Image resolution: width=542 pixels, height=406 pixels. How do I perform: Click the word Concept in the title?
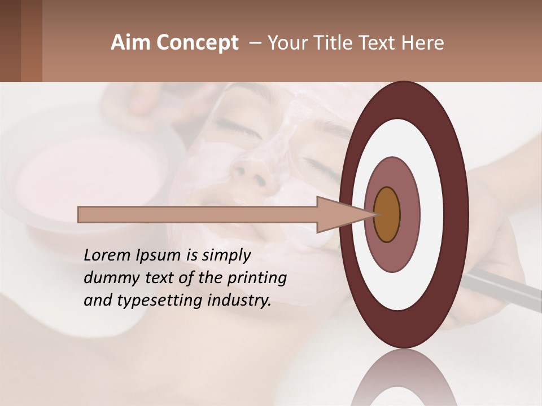point(198,43)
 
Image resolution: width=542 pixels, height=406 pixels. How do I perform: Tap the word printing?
point(257,278)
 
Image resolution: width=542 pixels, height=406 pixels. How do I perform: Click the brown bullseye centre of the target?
point(387,214)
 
